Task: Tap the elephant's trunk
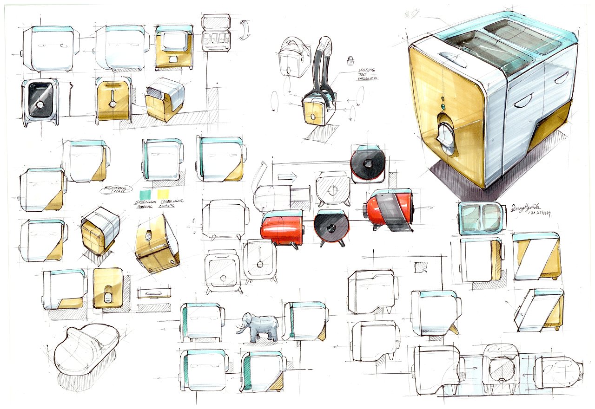240,327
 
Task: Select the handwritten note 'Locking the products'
367,74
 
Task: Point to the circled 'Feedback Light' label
116,189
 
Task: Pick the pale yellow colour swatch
163,194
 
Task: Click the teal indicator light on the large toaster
443,107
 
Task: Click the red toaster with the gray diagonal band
390,210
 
